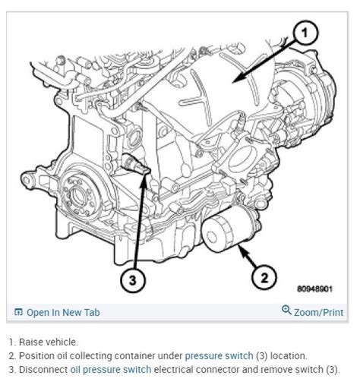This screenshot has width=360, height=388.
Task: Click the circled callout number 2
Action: point(264,278)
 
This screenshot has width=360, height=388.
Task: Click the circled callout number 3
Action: point(132,280)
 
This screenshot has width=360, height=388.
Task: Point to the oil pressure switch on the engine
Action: point(134,164)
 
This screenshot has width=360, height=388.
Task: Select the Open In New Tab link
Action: point(62,312)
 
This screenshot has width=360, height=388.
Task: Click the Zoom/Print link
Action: point(318,312)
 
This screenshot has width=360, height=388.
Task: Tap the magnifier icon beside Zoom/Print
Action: point(286,311)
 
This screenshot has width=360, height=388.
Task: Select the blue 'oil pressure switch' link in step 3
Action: point(111,370)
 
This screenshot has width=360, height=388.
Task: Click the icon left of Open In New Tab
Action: point(18,312)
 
